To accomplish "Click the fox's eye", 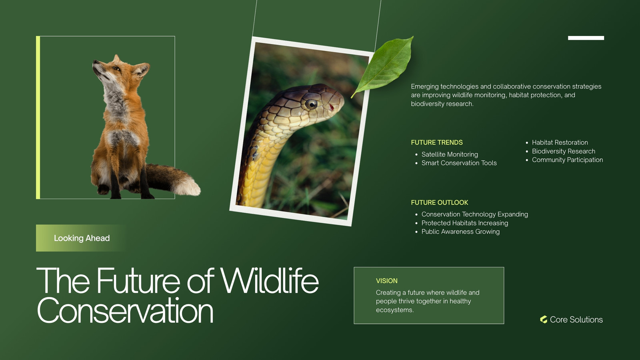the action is [x=116, y=68].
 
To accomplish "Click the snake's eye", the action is [x=311, y=104].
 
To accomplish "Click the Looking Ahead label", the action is [x=82, y=238].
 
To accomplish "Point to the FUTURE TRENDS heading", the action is [x=436, y=142].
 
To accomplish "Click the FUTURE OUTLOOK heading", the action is [x=440, y=202].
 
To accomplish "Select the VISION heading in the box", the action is [x=386, y=280].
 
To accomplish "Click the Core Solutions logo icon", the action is [x=544, y=320].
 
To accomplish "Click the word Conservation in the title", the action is [x=125, y=310].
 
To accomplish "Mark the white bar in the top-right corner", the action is [x=586, y=38].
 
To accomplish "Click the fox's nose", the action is [x=94, y=62].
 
